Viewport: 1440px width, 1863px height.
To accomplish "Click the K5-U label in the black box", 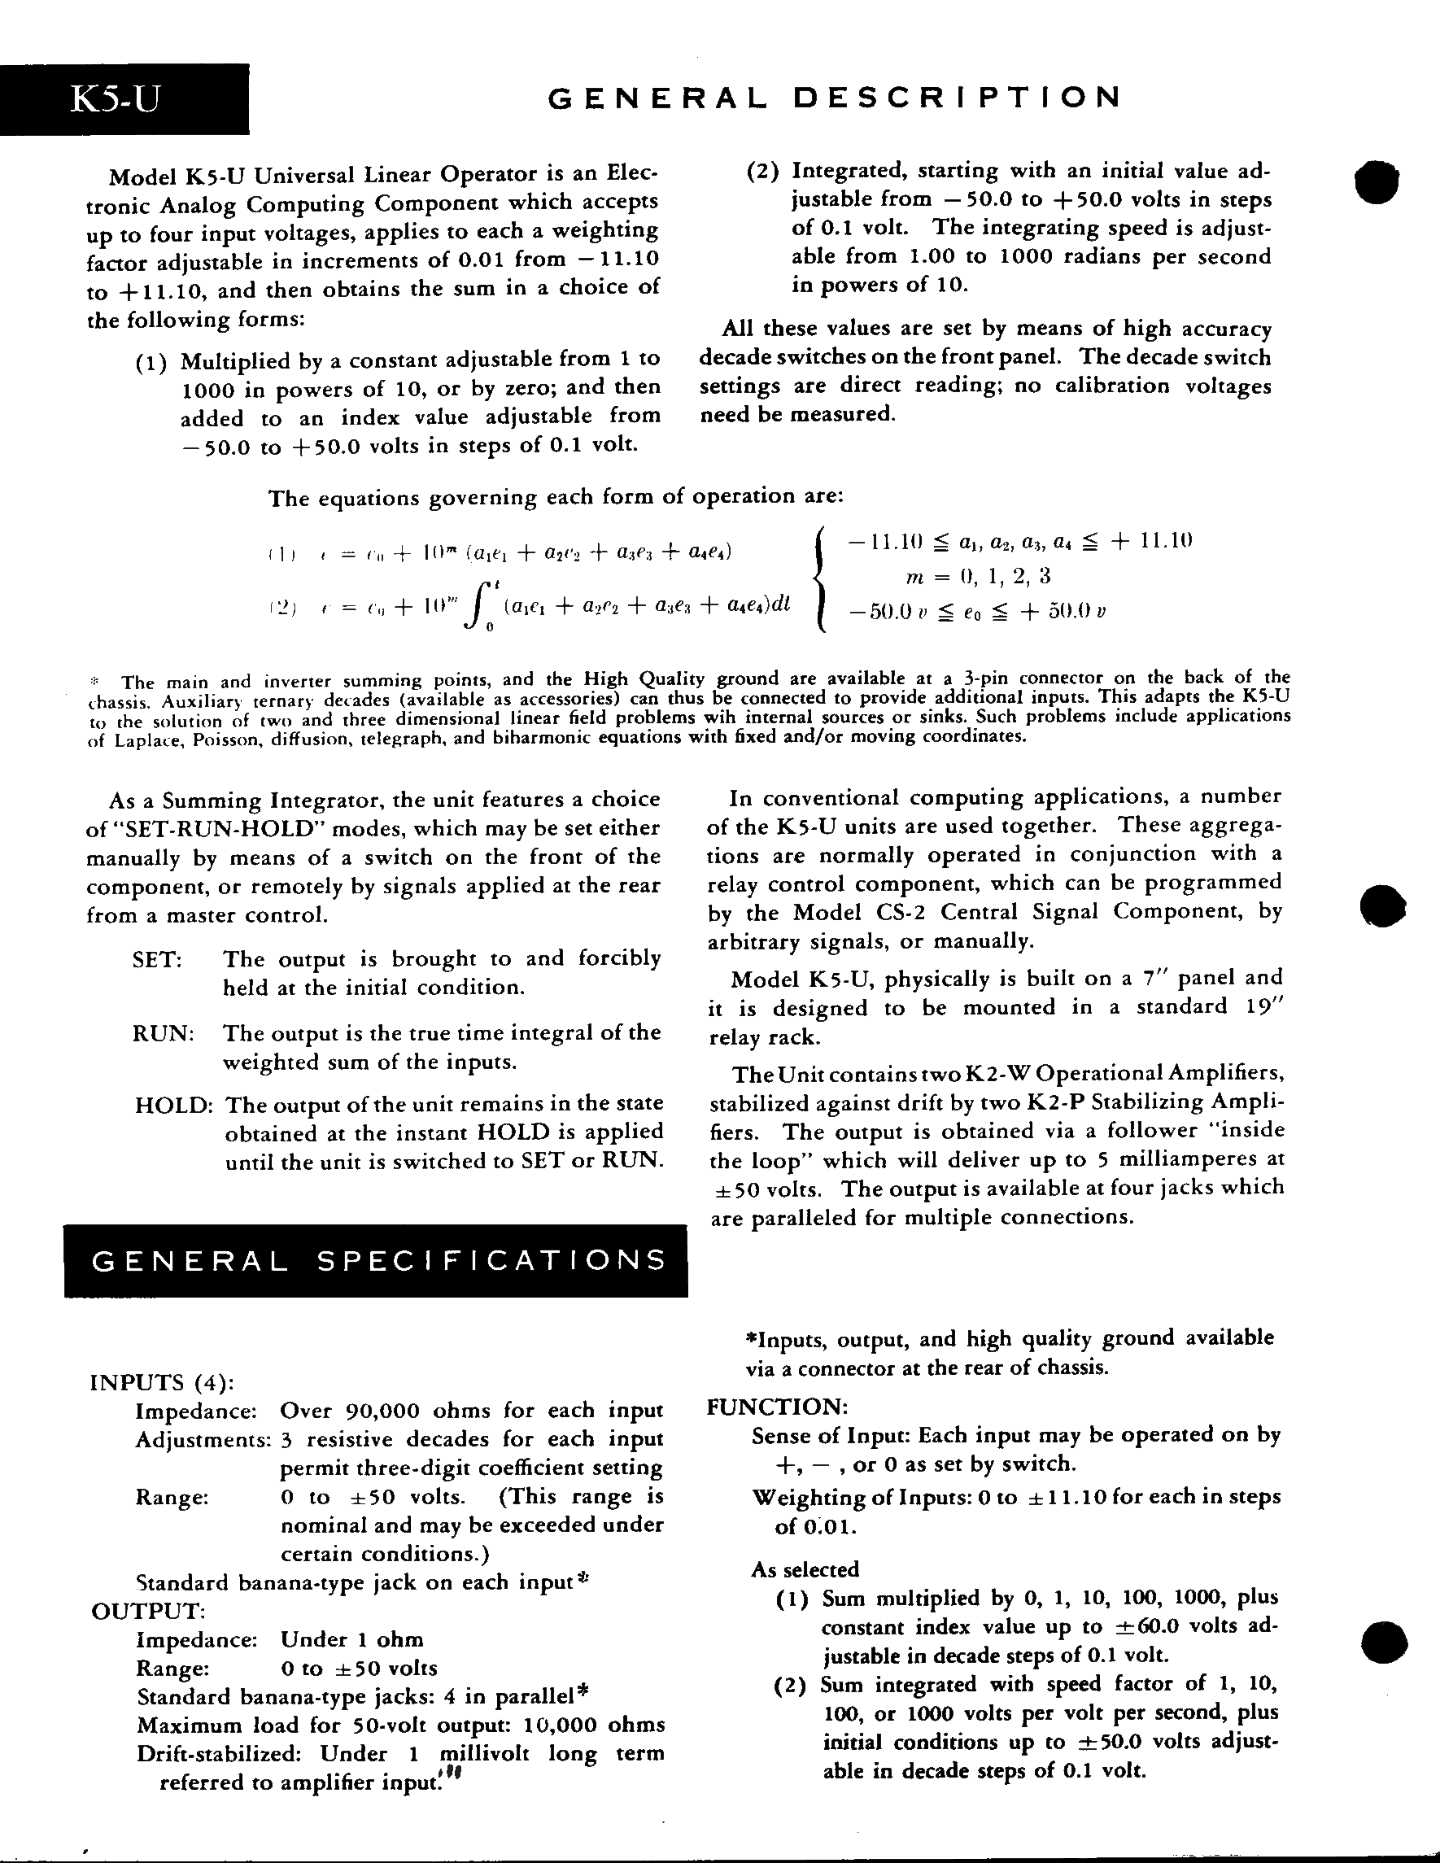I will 115,100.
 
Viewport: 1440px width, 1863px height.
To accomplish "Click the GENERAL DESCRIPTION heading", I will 835,98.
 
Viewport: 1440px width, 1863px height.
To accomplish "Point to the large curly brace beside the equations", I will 821,578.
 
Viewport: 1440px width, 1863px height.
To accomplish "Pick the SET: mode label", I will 158,959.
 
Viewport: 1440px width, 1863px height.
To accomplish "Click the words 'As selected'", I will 805,1569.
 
